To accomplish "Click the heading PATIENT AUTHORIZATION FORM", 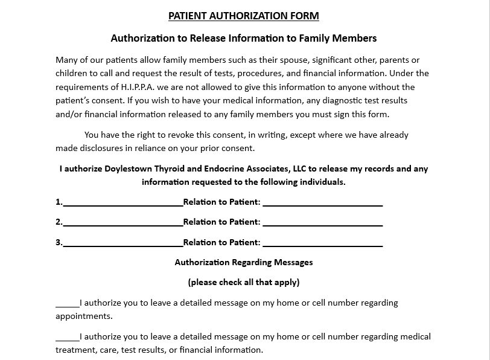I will tap(243, 16).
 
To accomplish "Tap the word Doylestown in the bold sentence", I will tap(131, 169).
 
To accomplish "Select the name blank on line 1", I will tap(122, 203).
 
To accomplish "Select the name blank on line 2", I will tap(122, 223).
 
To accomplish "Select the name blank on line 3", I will tap(122, 243).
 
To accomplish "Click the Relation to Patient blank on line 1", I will tap(323, 203).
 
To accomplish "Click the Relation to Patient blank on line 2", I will tap(323, 223).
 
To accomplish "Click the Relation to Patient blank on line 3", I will tap(323, 243).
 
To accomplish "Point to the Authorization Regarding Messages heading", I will tap(244, 262).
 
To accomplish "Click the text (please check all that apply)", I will tap(244, 282).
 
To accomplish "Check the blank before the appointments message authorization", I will tap(67, 304).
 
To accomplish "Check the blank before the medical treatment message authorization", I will tap(67, 338).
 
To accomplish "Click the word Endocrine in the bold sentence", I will tap(233, 169).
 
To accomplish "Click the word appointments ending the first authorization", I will tap(84, 316).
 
